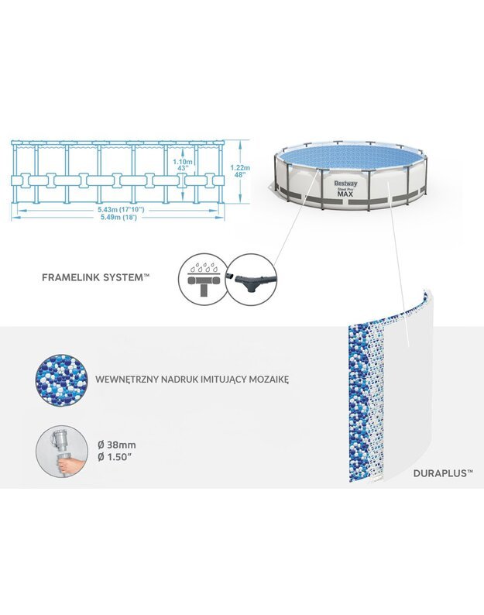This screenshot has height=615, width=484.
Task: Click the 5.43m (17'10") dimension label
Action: [x=115, y=210]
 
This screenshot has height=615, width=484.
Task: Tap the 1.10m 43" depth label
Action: [x=183, y=164]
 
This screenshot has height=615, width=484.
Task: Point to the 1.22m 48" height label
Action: [x=239, y=171]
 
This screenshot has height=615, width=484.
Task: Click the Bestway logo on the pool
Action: [x=345, y=183]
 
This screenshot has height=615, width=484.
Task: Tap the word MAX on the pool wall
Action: [x=345, y=194]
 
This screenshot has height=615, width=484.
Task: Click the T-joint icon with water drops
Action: [x=202, y=279]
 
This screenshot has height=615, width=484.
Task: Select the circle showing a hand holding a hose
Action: [x=61, y=451]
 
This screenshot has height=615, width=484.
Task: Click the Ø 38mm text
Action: [x=117, y=445]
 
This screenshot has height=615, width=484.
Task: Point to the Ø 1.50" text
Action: [x=114, y=457]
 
